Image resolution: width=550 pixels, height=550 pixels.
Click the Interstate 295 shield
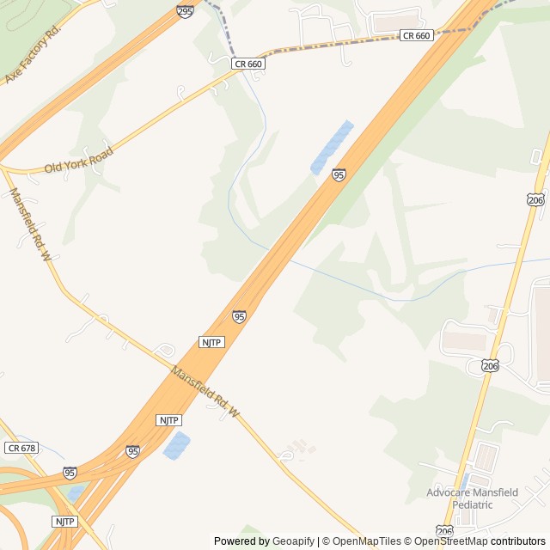pos(185,11)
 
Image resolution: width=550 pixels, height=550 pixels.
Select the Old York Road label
pos(78,160)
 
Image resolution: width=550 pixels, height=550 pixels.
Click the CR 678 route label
pos(21,448)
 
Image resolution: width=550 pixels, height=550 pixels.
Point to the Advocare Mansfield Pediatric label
pos(472,498)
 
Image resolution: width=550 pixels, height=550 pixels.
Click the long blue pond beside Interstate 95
pos(332,148)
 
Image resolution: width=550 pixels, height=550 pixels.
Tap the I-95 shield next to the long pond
pos(339,174)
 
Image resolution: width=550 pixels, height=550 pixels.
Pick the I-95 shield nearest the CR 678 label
pos(70,473)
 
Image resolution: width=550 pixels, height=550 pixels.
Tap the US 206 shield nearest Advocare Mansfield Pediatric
pos(443,530)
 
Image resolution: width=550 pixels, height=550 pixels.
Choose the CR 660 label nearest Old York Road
pos(247,64)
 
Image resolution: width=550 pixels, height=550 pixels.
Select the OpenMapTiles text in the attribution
pos(366,541)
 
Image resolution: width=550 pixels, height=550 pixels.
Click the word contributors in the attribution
pos(518,541)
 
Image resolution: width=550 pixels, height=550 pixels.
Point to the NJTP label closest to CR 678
pos(64,522)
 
